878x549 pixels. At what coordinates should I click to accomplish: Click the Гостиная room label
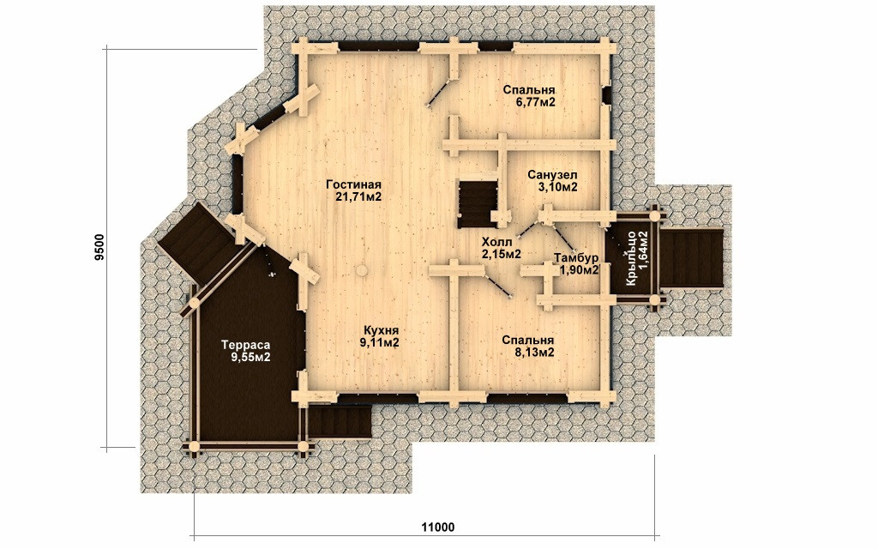353,185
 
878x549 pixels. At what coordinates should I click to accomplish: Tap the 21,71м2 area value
359,197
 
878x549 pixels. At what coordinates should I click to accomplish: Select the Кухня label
381,330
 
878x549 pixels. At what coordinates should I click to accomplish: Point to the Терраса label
245,345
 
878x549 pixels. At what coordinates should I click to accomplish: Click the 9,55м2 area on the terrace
251,357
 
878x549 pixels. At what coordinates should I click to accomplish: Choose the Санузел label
552,175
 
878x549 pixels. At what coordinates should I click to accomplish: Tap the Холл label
496,242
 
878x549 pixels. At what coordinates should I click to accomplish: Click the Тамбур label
576,257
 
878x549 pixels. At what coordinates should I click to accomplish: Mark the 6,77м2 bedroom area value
535,102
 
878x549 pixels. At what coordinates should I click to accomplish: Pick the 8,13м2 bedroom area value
534,353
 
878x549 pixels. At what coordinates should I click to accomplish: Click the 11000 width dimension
438,528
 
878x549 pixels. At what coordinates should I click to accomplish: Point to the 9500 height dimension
99,247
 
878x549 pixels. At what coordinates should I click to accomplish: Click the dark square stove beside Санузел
478,204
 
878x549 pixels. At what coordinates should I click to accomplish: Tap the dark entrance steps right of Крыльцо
692,258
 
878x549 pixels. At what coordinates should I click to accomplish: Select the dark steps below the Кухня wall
340,422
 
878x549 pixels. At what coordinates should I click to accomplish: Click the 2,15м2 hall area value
501,254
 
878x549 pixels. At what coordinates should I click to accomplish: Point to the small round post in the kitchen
363,270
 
